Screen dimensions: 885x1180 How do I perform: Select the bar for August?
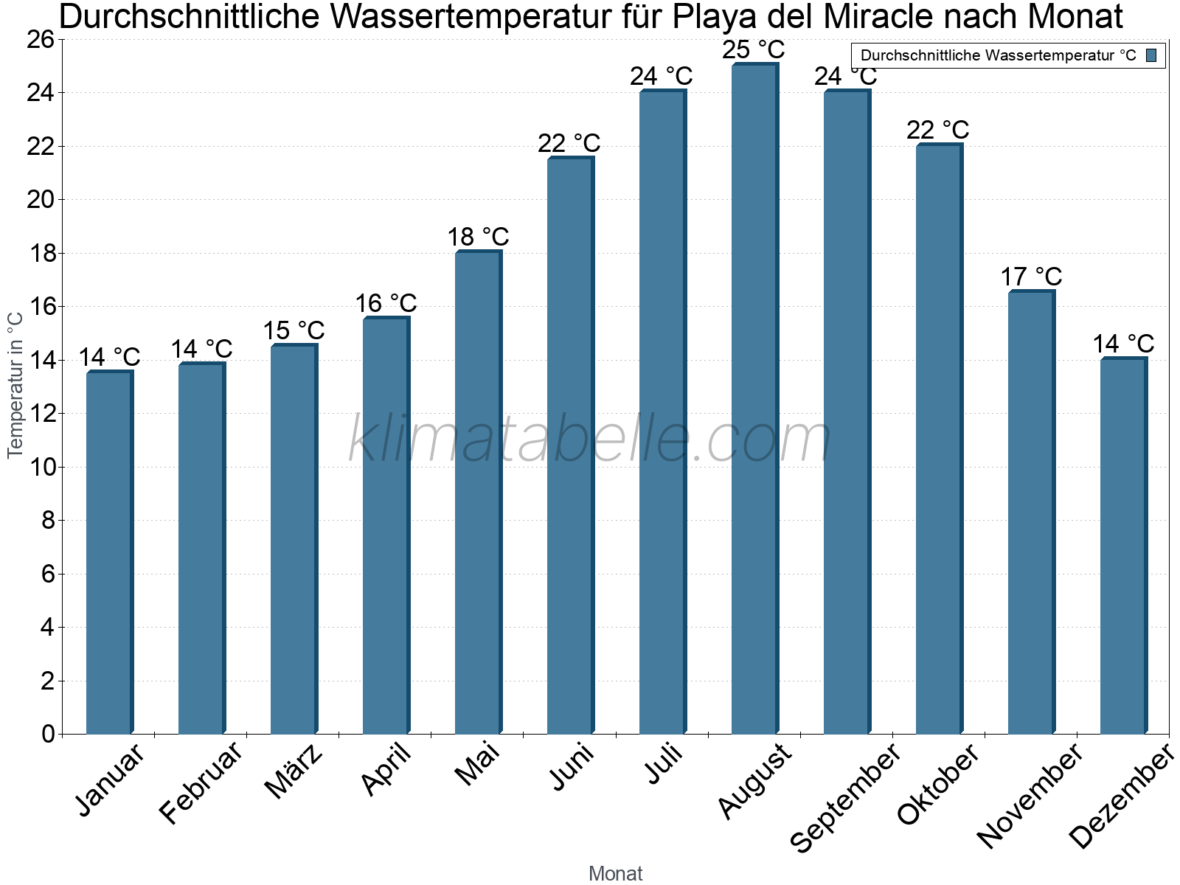pyautogui.click(x=754, y=398)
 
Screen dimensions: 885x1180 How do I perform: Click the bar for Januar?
pyautogui.click(x=109, y=553)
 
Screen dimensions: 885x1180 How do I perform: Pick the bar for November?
pyautogui.click(x=1031, y=513)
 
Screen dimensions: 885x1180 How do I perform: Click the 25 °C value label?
pyautogui.click(x=753, y=50)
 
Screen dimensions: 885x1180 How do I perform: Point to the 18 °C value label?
pyautogui.click(x=478, y=237)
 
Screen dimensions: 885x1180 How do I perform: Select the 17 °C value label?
pyautogui.click(x=1031, y=277)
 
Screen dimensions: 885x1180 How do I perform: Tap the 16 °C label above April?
pyautogui.click(x=386, y=303)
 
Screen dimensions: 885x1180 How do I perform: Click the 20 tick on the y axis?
pyautogui.click(x=41, y=200)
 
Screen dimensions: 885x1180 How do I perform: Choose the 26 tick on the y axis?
pyautogui.click(x=41, y=40)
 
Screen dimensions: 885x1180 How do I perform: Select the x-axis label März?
pyautogui.click(x=294, y=771)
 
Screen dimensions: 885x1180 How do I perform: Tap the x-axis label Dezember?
pyautogui.click(x=1121, y=796)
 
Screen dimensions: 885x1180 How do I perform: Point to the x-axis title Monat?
pyautogui.click(x=615, y=873)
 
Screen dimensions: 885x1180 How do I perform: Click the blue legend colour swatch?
pyautogui.click(x=1151, y=55)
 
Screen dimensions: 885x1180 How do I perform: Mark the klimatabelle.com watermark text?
pyautogui.click(x=590, y=440)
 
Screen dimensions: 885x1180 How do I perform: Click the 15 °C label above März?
pyautogui.click(x=294, y=330)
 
